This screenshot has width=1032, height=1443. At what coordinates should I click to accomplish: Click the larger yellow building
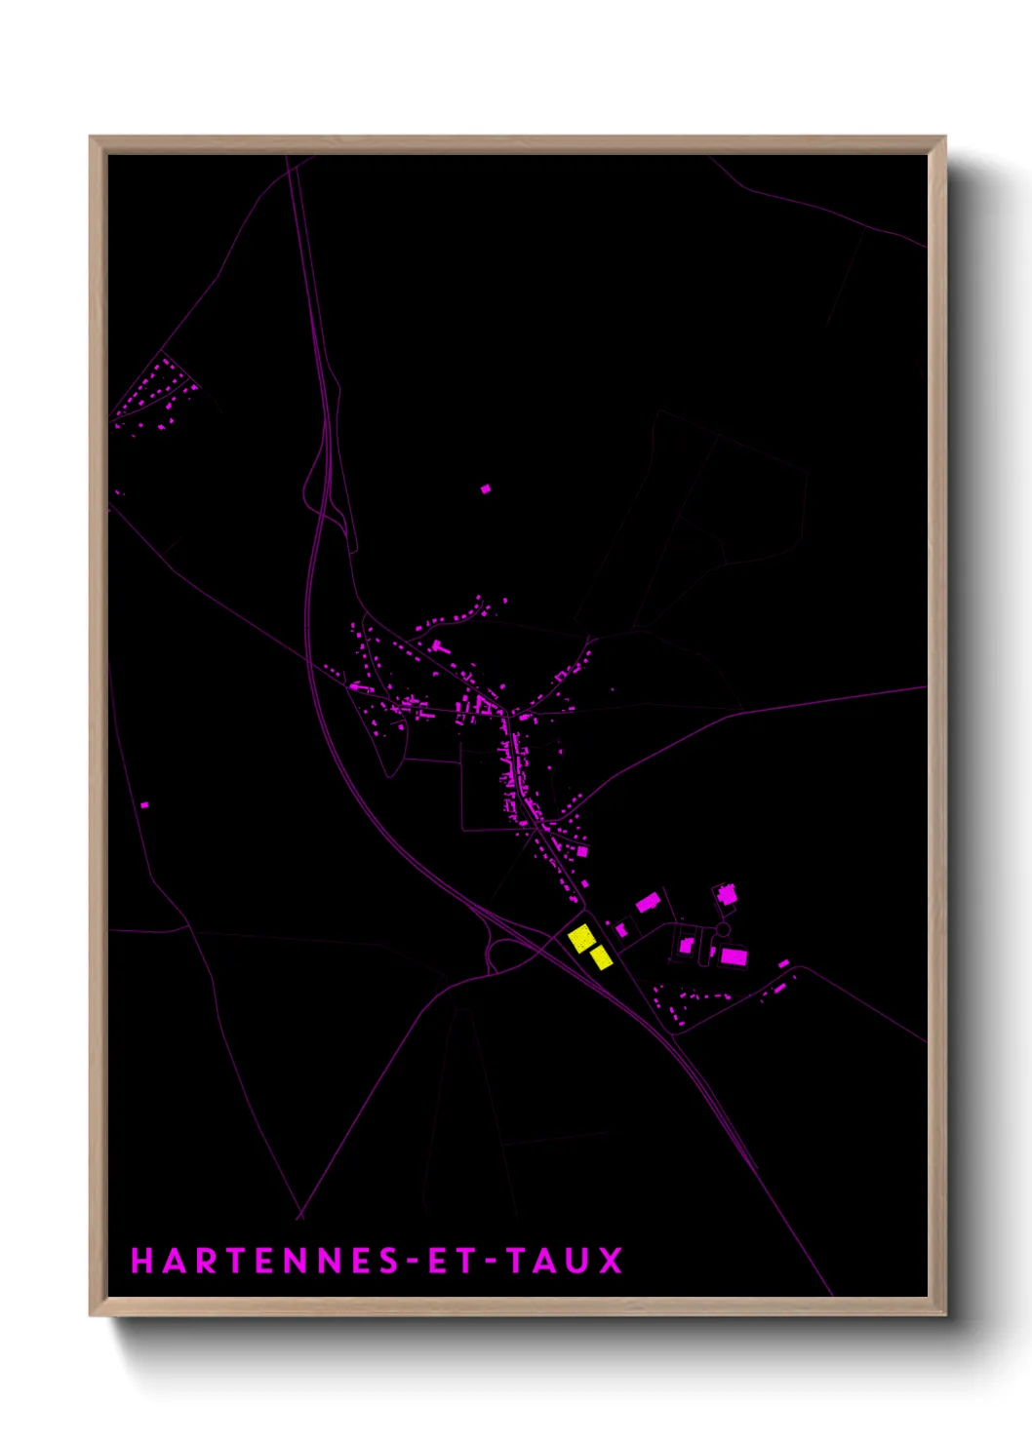[581, 938]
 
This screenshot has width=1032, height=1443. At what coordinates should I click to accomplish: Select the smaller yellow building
[601, 957]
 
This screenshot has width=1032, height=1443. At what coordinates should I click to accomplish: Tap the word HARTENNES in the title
[264, 1261]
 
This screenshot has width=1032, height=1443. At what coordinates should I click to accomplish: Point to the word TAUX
[565, 1261]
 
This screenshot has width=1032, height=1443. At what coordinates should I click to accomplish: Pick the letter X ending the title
[611, 1261]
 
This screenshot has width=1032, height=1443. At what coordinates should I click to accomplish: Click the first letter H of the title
[142, 1261]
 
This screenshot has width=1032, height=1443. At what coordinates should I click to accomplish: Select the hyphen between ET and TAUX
[491, 1262]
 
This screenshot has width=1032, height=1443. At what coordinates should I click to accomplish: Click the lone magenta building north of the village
[486, 488]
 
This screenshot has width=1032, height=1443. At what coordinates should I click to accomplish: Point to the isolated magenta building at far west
[145, 804]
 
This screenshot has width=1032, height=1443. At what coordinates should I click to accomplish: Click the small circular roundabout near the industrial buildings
[723, 930]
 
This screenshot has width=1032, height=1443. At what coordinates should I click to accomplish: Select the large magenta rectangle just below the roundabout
[734, 955]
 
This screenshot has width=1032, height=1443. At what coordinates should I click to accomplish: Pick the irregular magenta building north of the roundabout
[727, 894]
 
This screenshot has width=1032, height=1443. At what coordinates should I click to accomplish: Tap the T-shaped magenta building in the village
[436, 644]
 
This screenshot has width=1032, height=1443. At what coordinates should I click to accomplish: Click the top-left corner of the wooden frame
[91, 137]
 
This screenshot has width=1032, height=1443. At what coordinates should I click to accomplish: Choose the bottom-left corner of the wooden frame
[91, 1314]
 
